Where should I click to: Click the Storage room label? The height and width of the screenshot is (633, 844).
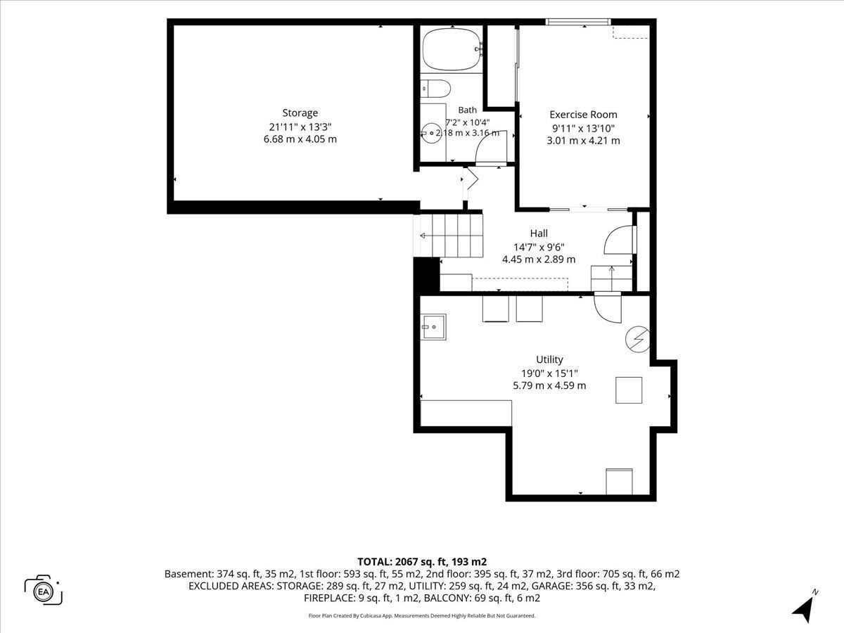pos(300,113)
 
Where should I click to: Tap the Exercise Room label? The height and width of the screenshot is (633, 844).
pos(583,115)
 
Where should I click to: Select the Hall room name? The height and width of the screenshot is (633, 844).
pos(539,234)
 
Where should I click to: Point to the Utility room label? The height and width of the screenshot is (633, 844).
pos(549,359)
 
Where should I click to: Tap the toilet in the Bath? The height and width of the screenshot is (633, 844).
pos(435,89)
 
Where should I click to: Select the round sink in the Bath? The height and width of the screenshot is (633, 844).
pos(431,134)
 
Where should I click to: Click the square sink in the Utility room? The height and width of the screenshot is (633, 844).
pos(434,327)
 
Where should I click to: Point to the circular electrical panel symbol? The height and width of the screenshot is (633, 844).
pos(637,340)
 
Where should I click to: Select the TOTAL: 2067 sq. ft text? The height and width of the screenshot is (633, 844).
pos(402,562)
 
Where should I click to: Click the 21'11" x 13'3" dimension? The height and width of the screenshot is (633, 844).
pos(300,127)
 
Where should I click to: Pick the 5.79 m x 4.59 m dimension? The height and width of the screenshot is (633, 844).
pos(549,385)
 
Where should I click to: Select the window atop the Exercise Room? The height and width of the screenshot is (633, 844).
pos(578,22)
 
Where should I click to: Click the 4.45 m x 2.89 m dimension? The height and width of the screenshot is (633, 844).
pos(539,260)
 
